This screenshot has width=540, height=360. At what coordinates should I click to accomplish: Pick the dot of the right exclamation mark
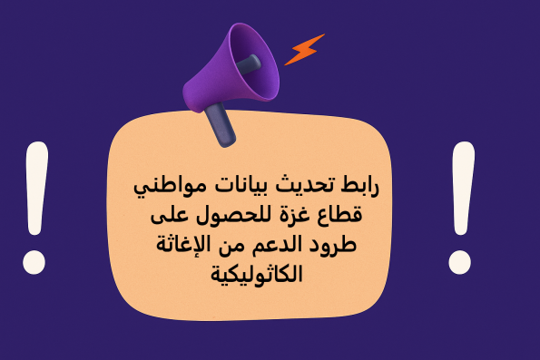460,261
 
